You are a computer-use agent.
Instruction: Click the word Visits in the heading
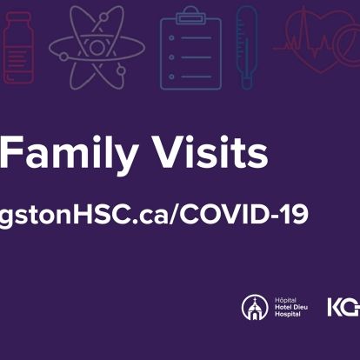(214, 154)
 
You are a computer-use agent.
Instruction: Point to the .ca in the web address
(147, 214)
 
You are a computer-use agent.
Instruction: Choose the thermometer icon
(247, 48)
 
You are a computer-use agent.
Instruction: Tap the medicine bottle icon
(17, 48)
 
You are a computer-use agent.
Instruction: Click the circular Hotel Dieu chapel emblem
(255, 306)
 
